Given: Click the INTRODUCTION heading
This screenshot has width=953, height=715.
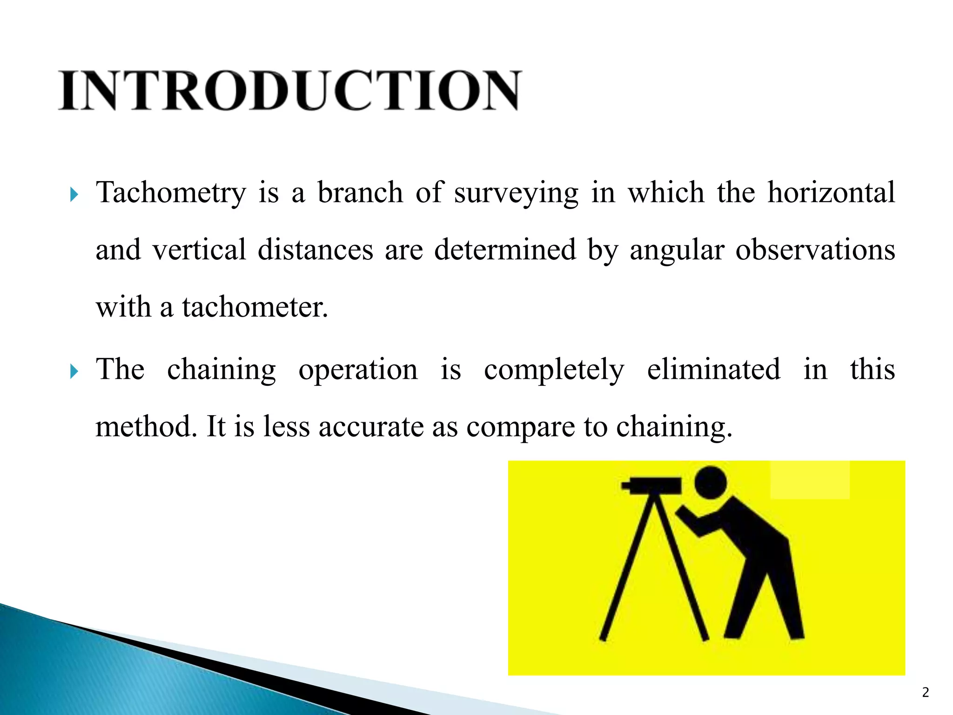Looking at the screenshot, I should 289,91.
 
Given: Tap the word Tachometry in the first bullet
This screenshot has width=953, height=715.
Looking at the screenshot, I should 171,193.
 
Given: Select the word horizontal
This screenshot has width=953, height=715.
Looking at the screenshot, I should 831,193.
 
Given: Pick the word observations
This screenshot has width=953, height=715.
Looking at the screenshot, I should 815,250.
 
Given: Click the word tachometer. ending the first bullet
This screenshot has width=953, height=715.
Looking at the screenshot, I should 255,307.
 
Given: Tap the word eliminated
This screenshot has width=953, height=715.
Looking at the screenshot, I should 714,370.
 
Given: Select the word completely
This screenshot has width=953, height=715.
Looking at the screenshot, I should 554,371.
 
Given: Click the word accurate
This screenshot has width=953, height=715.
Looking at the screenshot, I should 371,427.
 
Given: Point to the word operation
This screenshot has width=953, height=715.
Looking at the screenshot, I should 358,371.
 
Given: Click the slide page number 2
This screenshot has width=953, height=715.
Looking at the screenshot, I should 926,692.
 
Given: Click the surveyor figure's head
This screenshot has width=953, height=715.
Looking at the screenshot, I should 711,482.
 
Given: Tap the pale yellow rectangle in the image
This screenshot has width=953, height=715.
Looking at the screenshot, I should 810,480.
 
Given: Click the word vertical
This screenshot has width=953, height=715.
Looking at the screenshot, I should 199,250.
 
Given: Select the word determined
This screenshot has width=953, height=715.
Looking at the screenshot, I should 505,250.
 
